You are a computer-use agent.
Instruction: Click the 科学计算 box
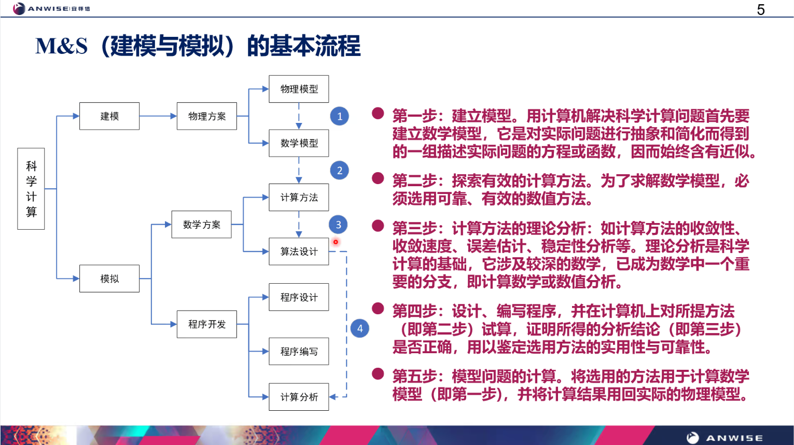point(31,189)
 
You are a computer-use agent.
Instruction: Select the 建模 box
point(109,116)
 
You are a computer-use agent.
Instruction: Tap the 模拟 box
point(109,279)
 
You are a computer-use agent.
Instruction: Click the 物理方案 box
point(207,116)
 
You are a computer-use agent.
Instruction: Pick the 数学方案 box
point(202,225)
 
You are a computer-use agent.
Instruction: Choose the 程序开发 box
point(207,324)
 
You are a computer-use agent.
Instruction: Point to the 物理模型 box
point(299,89)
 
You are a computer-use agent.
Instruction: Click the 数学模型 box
point(299,143)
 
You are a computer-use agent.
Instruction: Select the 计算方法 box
point(299,197)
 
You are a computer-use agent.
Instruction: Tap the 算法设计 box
point(299,252)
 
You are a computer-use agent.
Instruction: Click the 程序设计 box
point(299,297)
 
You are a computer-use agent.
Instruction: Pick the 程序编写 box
point(299,351)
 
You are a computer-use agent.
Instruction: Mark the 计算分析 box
point(299,397)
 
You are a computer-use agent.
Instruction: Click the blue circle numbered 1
point(340,116)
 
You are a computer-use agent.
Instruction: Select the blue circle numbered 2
point(340,170)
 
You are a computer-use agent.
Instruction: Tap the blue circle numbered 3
point(338,225)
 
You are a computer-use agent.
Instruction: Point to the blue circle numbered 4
point(360,328)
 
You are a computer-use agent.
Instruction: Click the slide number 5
point(761,10)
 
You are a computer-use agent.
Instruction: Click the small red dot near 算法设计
point(336,242)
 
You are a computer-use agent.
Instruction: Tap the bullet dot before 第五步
point(378,374)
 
